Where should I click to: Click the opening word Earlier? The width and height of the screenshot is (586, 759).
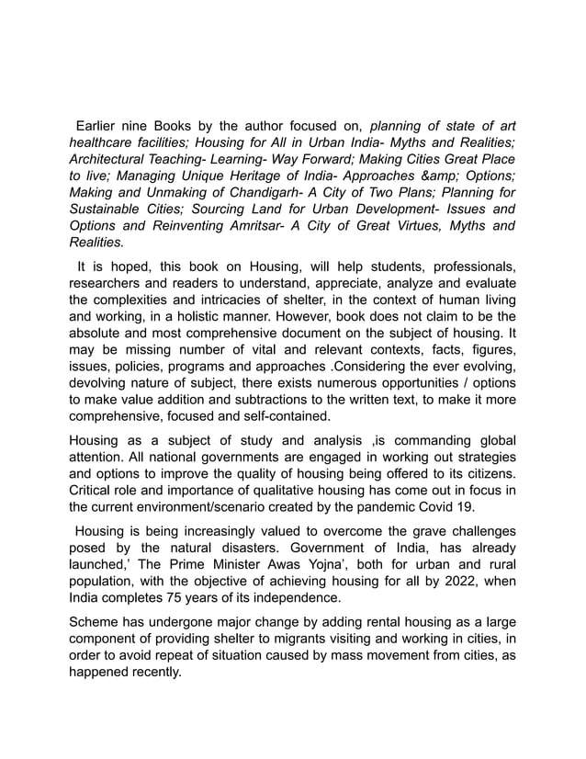coord(102,126)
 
